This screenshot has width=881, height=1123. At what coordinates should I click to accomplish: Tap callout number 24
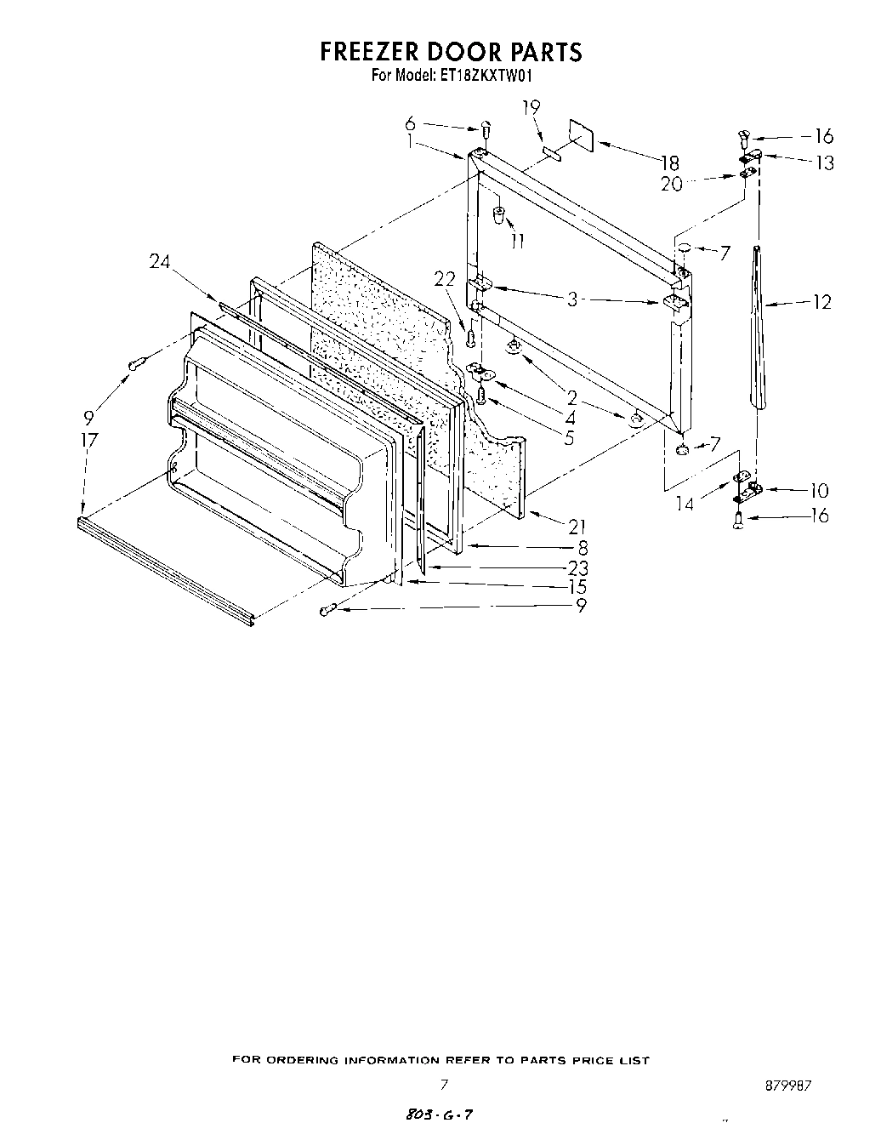point(160,263)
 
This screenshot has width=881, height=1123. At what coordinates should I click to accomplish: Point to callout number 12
point(821,301)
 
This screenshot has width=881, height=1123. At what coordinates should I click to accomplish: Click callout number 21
point(577,527)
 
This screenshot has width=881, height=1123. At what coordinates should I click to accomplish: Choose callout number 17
point(88,440)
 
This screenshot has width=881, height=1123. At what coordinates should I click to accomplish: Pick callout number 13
point(823,162)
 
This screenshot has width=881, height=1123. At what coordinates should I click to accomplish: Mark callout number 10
point(818,490)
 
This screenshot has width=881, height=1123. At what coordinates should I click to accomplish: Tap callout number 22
point(445,277)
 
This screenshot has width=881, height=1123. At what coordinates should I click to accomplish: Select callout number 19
point(531,107)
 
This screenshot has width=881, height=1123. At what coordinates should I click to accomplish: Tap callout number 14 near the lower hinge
point(684,504)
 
